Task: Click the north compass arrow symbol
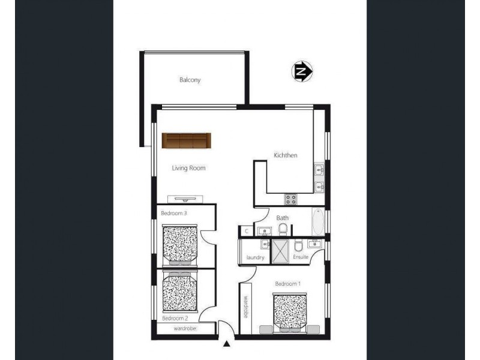coord(303,72)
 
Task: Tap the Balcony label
coord(190,80)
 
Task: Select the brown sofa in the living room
coord(187,140)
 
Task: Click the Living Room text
coord(190,168)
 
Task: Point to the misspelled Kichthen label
coord(286,155)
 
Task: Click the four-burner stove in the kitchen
coord(290,198)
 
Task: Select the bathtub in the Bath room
coord(318,222)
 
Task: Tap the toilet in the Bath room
coord(283,229)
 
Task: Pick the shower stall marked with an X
coord(280,251)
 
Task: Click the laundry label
coord(255,257)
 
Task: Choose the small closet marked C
coord(246,230)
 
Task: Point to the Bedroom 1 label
coord(287,283)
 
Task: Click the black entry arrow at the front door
coord(227,344)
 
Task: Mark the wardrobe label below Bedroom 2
coord(185,329)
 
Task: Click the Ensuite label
coord(301,257)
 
